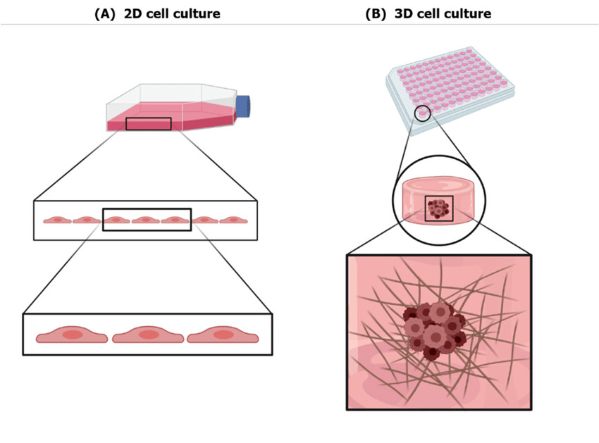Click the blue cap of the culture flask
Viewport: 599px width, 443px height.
243,106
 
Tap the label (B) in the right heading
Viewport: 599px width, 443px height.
376,13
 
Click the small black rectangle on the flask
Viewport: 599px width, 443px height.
148,124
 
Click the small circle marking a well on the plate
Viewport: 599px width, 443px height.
422,113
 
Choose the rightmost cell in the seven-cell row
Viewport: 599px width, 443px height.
233,220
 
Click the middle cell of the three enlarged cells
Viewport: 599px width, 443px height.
147,335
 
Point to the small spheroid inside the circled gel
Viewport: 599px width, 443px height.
439,208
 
